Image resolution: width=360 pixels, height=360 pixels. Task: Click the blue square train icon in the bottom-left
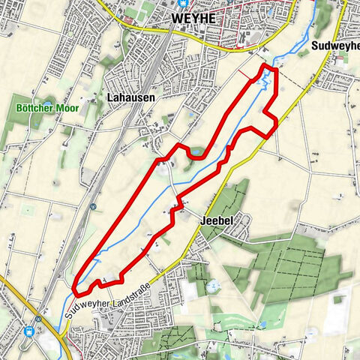(x=31, y=329)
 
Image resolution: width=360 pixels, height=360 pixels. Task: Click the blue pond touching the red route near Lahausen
(x=196, y=153)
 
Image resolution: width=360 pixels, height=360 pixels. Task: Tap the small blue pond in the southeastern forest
(x=263, y=324)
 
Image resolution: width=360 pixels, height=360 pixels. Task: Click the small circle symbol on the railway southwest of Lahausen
(x=92, y=206)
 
